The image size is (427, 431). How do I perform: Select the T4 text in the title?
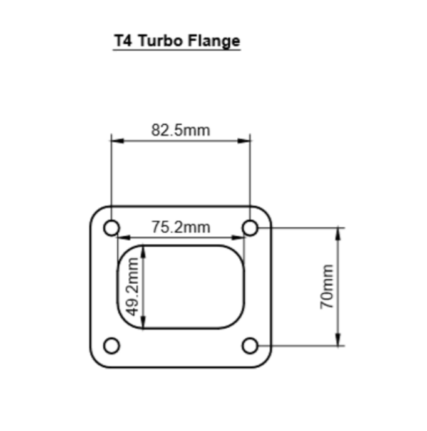[123, 41]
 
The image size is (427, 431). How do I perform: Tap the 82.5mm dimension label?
[180, 130]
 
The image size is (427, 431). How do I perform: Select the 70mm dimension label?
[327, 286]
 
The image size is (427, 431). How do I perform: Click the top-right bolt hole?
[250, 229]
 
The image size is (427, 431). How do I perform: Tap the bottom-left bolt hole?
[111, 345]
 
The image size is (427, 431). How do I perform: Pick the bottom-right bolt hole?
[250, 345]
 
